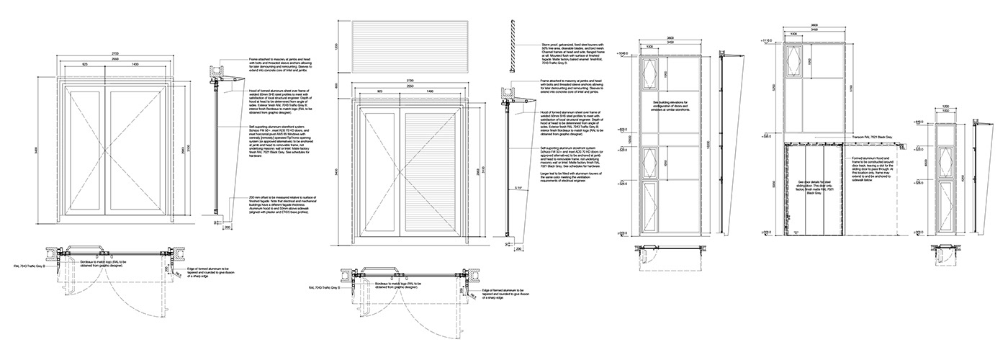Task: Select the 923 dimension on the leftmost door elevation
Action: coord(85,65)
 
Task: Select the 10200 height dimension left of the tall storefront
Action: coord(629,144)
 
